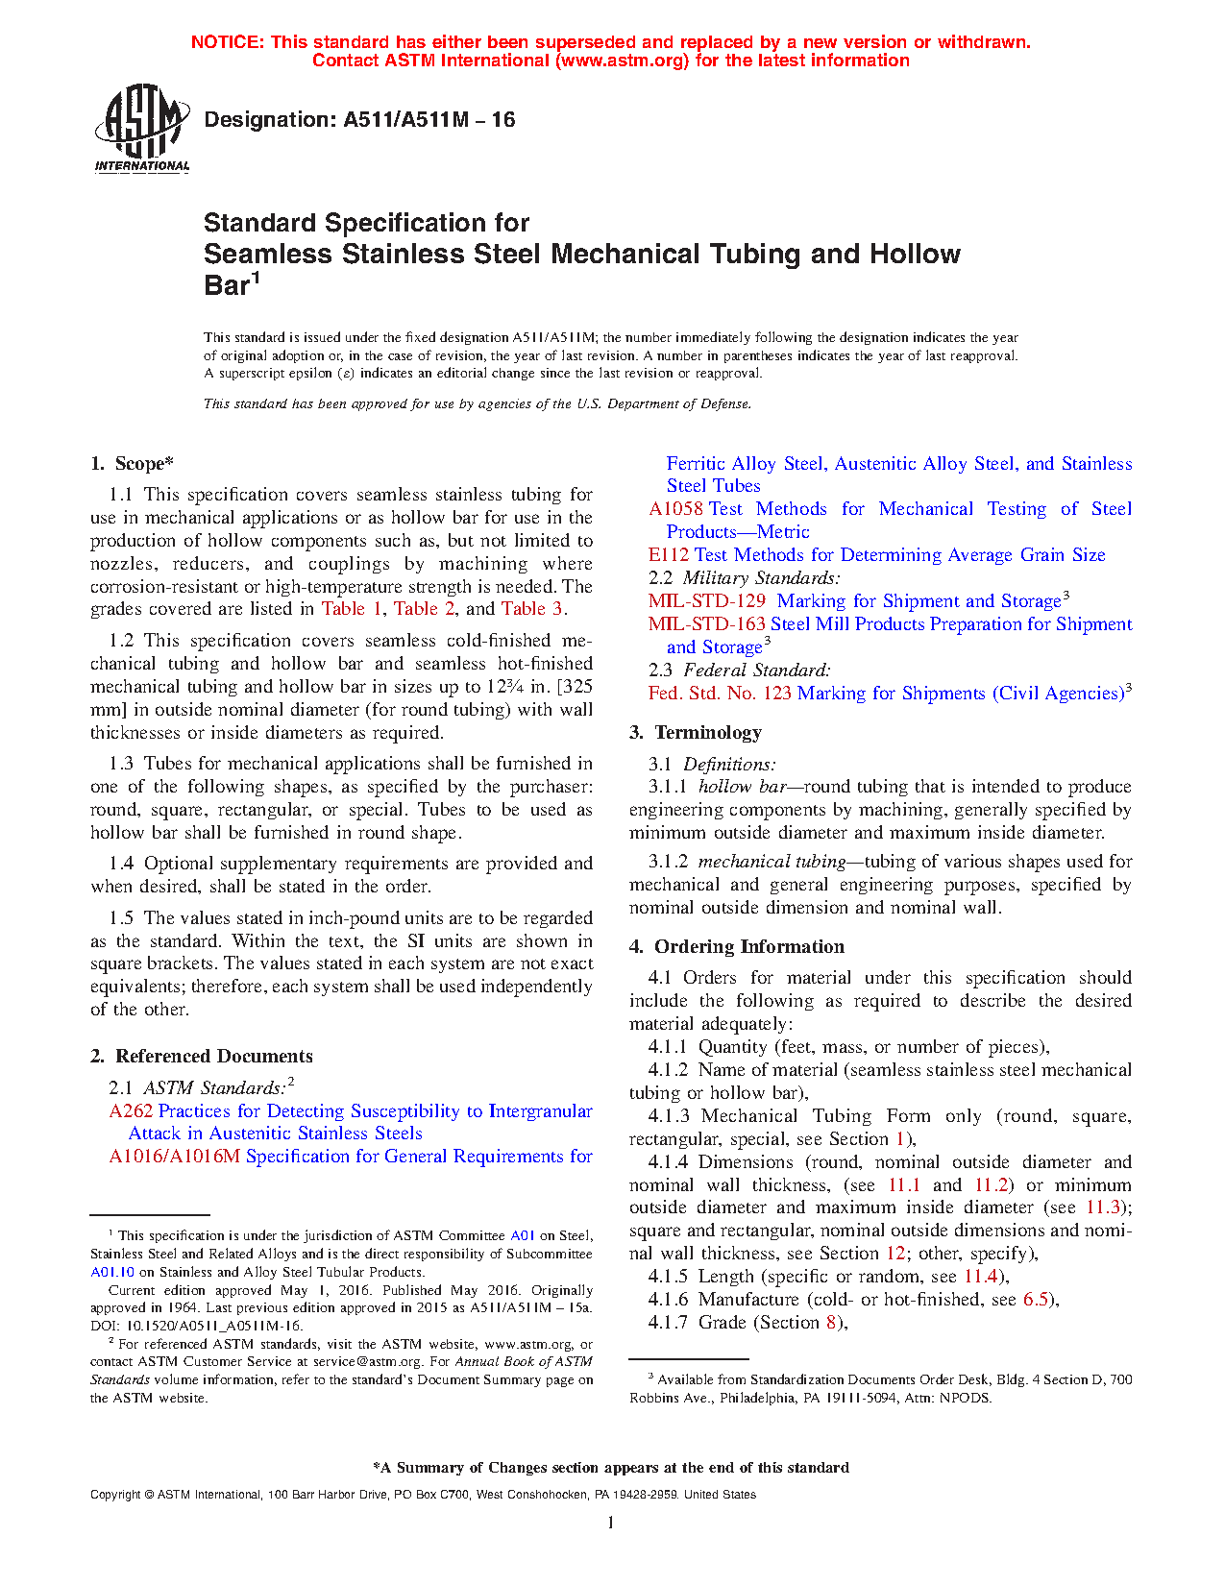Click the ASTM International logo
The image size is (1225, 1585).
pos(141,127)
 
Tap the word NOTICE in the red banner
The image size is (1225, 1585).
pos(227,42)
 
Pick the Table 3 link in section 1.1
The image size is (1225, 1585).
pos(531,609)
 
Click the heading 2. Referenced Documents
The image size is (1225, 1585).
pos(202,1057)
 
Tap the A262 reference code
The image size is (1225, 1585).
pos(131,1111)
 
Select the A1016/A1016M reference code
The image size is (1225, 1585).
pos(174,1157)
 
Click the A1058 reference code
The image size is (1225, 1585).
pos(675,509)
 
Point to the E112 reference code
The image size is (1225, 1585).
pos(669,555)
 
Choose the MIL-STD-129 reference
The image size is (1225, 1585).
pos(706,601)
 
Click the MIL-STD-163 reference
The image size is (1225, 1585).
pos(706,624)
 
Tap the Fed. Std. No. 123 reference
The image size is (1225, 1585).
pos(720,694)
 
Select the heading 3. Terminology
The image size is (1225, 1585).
pos(696,733)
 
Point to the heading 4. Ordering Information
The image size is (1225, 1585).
pos(736,947)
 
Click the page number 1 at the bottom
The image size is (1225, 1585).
pos(611,1522)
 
